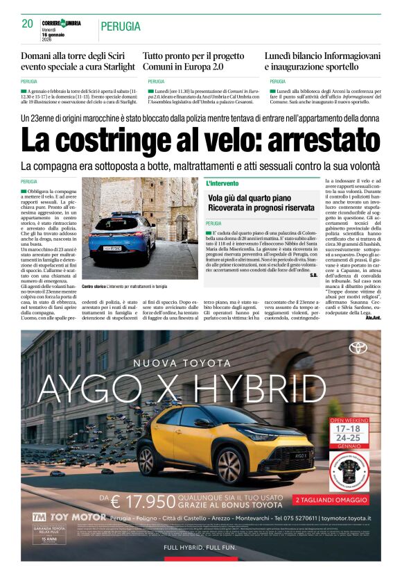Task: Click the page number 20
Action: tap(28, 24)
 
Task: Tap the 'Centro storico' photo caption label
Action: tap(95, 286)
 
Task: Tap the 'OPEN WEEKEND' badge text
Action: tap(356, 421)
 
